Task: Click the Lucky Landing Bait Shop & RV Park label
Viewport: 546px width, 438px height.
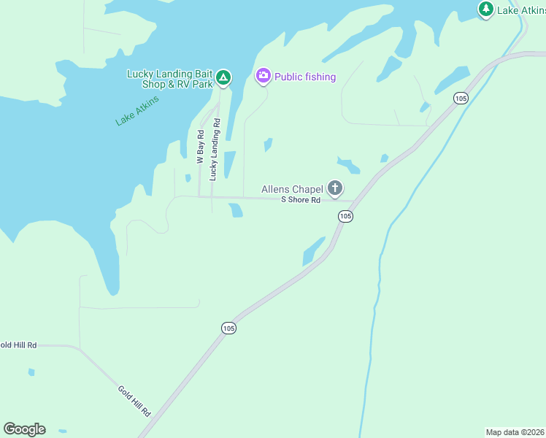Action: [170, 78]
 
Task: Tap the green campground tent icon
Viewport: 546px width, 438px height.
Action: [223, 77]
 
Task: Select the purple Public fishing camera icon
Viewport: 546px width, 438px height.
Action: [263, 75]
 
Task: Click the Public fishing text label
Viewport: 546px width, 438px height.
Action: [305, 77]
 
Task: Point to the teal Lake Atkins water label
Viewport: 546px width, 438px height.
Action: [136, 110]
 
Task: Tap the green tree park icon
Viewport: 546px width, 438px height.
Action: [485, 9]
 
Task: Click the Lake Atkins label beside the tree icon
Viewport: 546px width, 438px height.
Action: [521, 10]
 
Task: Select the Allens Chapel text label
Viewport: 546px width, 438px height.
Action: [292, 190]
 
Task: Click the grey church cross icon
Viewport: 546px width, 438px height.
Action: [335, 189]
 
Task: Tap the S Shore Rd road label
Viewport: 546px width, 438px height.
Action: [301, 200]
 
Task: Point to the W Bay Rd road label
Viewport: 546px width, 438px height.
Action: [201, 145]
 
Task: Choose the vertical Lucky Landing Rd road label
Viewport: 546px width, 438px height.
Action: [215, 150]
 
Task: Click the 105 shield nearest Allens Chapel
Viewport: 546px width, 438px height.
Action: [345, 216]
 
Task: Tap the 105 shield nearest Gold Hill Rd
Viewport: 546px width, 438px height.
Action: [229, 328]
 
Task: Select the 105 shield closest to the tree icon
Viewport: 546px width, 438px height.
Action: [460, 98]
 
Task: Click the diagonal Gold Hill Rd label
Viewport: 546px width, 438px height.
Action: [134, 401]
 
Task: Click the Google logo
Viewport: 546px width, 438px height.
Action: [24, 429]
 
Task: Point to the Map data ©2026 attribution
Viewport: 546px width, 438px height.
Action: [515, 432]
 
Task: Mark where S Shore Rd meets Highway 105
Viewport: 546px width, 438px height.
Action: [355, 201]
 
